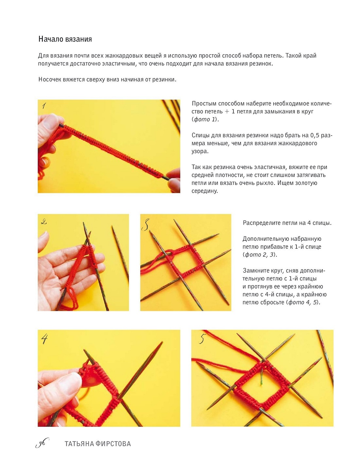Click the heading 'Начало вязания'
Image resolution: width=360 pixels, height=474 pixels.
point(65,39)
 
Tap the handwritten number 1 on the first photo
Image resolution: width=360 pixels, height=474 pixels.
point(44,106)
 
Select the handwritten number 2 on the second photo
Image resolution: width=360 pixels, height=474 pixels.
point(44,222)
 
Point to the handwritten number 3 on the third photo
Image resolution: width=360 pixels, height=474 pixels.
point(146,225)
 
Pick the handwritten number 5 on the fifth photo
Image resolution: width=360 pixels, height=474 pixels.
point(202,338)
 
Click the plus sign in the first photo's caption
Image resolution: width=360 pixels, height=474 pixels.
point(227,112)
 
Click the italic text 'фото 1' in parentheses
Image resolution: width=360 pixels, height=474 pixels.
point(205,120)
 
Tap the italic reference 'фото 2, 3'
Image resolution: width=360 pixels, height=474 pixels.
point(259,255)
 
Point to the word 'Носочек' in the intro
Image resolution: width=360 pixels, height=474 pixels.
point(50,80)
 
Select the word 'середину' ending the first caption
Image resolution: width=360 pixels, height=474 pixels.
point(205,191)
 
